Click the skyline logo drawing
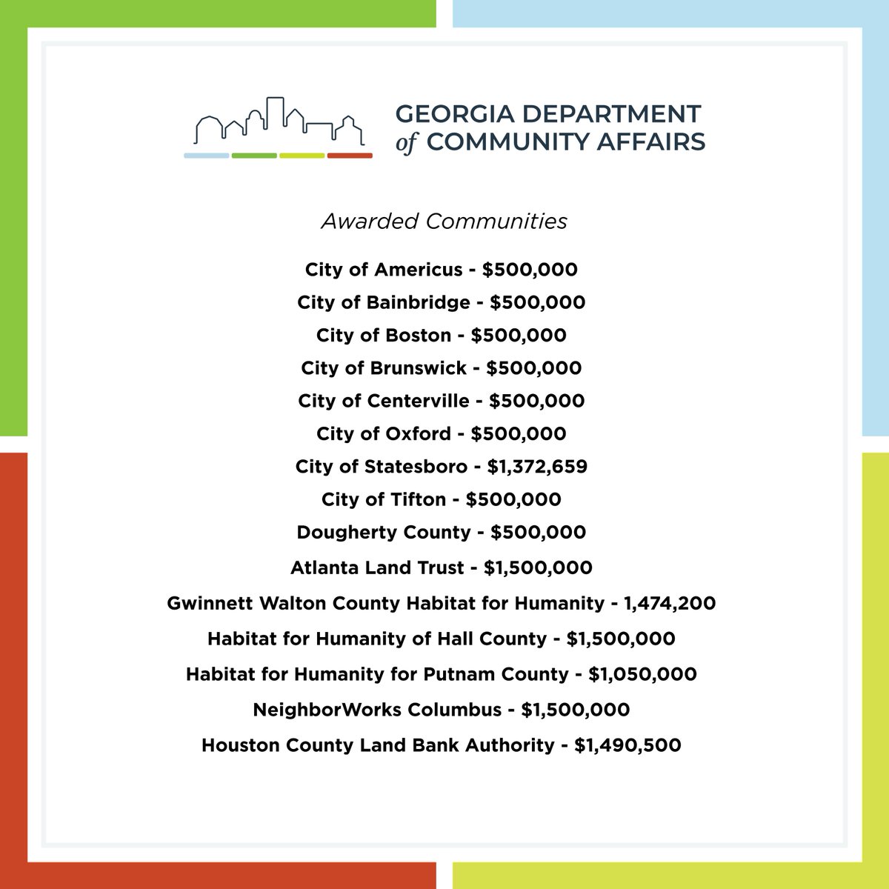tap(279, 122)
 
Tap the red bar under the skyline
tap(350, 156)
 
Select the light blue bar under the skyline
tap(207, 156)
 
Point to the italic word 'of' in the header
tap(406, 142)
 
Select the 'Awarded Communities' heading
tap(444, 221)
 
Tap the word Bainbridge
tap(419, 302)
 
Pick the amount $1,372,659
tap(537, 467)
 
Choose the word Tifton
tap(418, 499)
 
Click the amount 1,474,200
tap(670, 603)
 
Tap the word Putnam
tap(459, 674)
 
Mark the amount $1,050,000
tap(642, 674)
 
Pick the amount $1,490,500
tap(627, 745)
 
